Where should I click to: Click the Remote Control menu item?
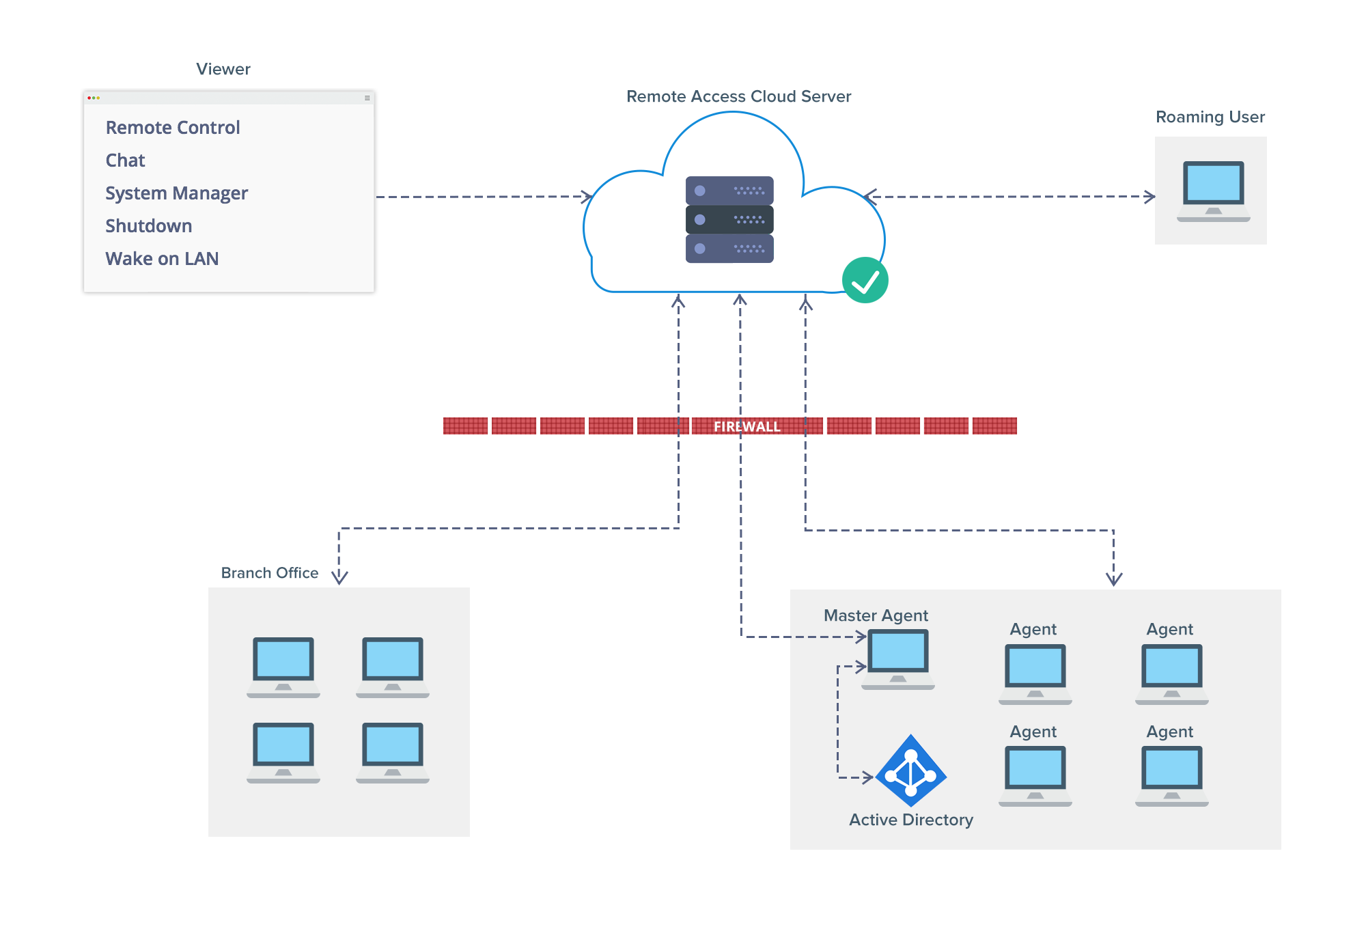(x=173, y=128)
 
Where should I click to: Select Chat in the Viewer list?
(x=125, y=161)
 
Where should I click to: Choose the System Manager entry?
(x=176, y=193)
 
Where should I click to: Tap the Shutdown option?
(x=148, y=226)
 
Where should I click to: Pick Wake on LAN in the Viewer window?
(x=162, y=259)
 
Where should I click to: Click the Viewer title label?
(x=223, y=69)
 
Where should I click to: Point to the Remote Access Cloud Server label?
(x=738, y=96)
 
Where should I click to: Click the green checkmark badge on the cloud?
(x=865, y=280)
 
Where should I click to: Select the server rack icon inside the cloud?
(x=729, y=219)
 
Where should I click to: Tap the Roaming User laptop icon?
(x=1213, y=191)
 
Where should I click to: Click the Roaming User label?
(x=1210, y=117)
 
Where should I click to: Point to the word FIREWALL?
(x=747, y=427)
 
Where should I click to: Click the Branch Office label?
(x=269, y=573)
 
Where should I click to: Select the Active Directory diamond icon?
(x=911, y=771)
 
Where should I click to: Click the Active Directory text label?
(x=911, y=820)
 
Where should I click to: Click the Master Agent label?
(x=876, y=615)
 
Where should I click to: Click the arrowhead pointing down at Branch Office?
(x=339, y=578)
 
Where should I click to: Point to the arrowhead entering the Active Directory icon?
(x=868, y=777)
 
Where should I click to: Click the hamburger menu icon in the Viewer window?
(x=367, y=98)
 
